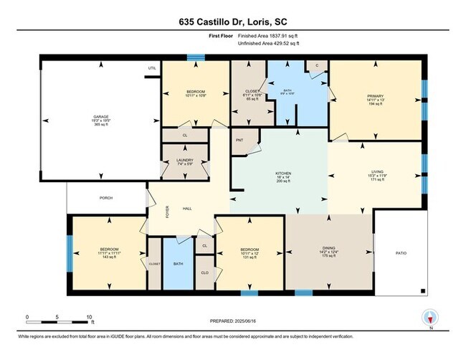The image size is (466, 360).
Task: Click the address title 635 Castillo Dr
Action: click(233, 22)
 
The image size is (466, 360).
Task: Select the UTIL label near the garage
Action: click(151, 68)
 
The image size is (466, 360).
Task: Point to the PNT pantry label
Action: click(239, 141)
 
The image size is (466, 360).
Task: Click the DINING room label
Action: click(328, 248)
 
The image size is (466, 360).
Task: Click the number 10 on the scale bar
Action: click(90, 316)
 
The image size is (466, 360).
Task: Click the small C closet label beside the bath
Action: click(316, 66)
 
